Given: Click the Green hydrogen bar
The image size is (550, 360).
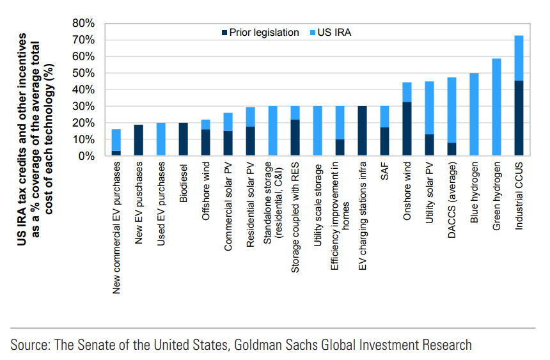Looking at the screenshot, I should [x=496, y=107].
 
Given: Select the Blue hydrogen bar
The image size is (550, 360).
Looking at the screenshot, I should [x=474, y=114].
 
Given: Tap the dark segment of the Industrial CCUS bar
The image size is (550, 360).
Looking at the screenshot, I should [x=519, y=118].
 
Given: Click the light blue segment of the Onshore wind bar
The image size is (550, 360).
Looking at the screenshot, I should [x=407, y=92].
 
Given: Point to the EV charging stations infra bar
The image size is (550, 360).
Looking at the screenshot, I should [x=362, y=131].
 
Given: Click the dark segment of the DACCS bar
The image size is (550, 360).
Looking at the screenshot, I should [x=452, y=149].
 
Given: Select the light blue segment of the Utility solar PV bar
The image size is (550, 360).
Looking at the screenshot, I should [x=429, y=107].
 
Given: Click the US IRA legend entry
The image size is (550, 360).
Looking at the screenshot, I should [x=333, y=32].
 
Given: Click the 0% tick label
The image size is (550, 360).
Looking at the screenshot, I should [x=88, y=156].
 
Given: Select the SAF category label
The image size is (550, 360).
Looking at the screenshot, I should [x=384, y=173].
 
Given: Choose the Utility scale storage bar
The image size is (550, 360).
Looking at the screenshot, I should [x=317, y=131].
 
